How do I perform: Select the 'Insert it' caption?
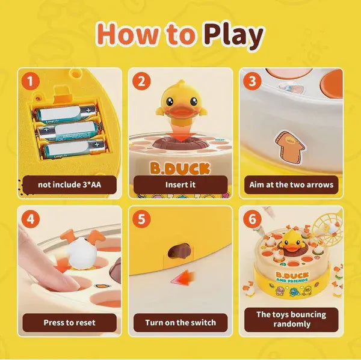180,185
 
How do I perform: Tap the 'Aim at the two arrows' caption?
291,185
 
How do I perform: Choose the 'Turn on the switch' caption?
180,323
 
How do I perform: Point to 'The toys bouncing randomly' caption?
291,319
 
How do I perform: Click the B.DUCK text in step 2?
180,166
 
